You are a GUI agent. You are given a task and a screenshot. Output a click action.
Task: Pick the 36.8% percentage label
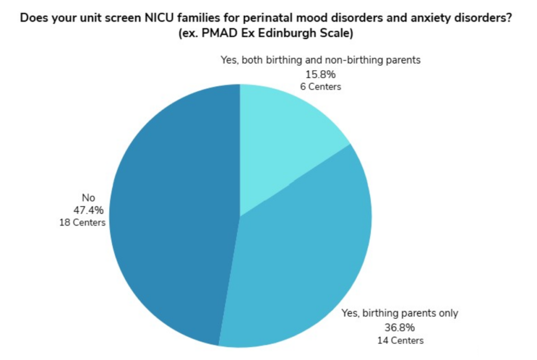point(400,327)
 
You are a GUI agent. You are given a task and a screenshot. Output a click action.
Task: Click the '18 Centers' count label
point(83,223)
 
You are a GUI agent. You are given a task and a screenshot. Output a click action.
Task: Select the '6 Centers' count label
point(320,87)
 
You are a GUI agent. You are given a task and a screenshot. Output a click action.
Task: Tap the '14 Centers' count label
point(400,340)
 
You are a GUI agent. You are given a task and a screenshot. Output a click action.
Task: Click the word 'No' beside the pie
point(88,198)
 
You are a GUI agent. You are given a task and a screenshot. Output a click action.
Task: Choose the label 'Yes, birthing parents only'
point(400,314)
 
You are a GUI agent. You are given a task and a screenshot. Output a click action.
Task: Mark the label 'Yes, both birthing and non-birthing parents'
point(320,60)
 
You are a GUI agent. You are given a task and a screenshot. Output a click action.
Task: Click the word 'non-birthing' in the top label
point(360,60)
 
